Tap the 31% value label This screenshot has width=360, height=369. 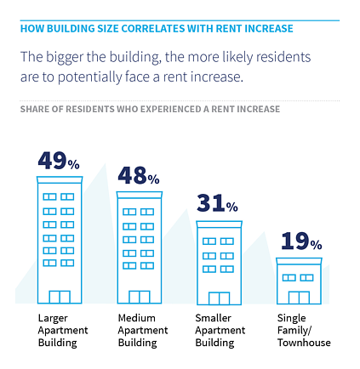point(217,204)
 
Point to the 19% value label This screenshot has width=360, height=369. point(298,242)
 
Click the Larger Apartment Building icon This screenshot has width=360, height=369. point(59,241)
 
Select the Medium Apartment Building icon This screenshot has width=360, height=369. point(138,247)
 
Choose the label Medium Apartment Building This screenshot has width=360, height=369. point(137,330)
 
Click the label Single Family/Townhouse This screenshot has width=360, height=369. point(303,330)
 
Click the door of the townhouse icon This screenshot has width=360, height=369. point(298,298)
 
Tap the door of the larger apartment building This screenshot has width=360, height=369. point(59,297)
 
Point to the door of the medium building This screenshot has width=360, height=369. point(138,297)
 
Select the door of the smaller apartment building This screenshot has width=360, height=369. point(218,298)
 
